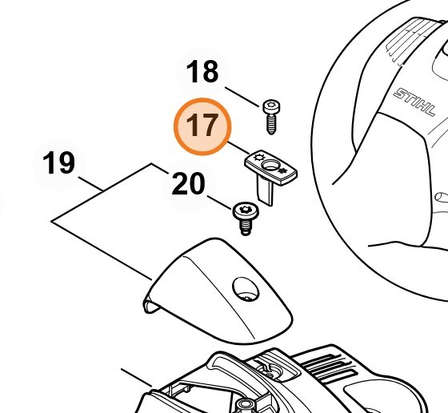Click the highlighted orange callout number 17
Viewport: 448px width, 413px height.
coord(202,126)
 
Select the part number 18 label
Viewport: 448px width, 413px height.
coord(202,71)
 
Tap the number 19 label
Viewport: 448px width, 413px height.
coord(59,162)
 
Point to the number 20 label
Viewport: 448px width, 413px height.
coord(188,184)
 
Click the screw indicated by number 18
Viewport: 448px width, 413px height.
coord(271,117)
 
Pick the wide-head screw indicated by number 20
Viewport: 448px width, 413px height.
coord(246,219)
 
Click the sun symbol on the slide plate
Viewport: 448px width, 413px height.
coord(259,157)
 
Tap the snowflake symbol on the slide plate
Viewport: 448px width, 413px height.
coord(282,171)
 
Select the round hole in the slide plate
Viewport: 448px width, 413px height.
coord(270,165)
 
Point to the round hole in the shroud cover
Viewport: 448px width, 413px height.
coord(246,289)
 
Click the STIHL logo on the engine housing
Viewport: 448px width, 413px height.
coord(414,102)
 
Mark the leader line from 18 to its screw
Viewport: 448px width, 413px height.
coord(242,97)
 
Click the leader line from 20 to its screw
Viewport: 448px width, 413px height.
coord(219,202)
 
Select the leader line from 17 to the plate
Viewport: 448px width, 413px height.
coord(238,148)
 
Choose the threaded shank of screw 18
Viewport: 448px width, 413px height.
coord(271,125)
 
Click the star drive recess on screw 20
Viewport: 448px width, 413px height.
coord(245,210)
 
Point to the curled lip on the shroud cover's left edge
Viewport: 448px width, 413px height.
coord(150,305)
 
